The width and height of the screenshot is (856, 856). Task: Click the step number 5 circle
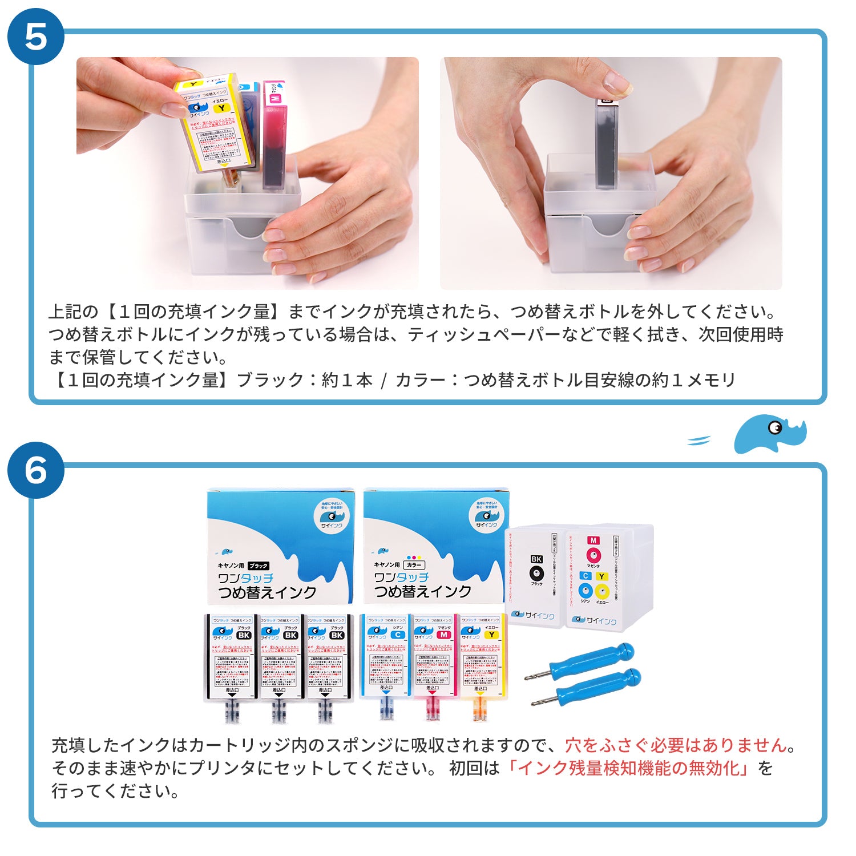(35, 37)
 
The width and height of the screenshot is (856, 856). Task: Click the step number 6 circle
(35, 470)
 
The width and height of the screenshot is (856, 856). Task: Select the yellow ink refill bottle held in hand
(215, 124)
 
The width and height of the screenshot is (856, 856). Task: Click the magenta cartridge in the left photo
(274, 137)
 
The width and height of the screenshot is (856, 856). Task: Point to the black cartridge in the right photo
(607, 143)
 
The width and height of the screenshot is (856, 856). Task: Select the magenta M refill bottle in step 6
(432, 662)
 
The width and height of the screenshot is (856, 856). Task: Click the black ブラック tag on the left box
(258, 566)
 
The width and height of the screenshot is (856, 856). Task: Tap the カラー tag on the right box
(414, 565)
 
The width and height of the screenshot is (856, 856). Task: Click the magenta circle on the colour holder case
(593, 555)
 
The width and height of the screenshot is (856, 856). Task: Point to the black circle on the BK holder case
(536, 574)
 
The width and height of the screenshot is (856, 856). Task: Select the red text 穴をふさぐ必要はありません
(676, 745)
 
